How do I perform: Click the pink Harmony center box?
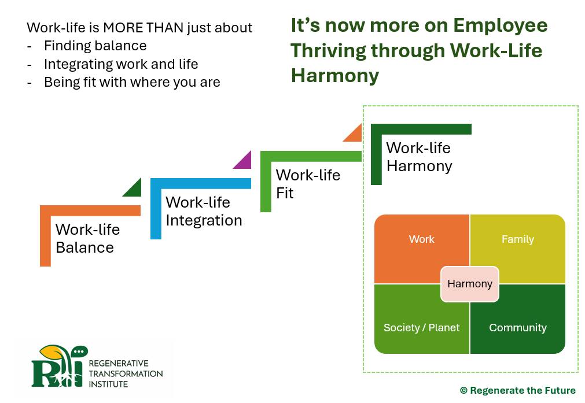coord(469,284)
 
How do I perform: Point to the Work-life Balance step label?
coord(87,238)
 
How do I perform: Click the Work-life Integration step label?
coord(203,211)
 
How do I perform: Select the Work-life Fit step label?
coord(307,184)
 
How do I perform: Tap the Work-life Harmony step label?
coord(418,157)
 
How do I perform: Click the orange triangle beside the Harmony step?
coord(354,135)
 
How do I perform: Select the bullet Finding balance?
coord(95,46)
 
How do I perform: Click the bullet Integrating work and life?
coord(120,64)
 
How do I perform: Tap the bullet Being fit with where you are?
coord(131,82)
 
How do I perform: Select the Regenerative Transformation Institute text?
coord(126,373)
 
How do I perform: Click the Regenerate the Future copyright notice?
coord(517,390)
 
